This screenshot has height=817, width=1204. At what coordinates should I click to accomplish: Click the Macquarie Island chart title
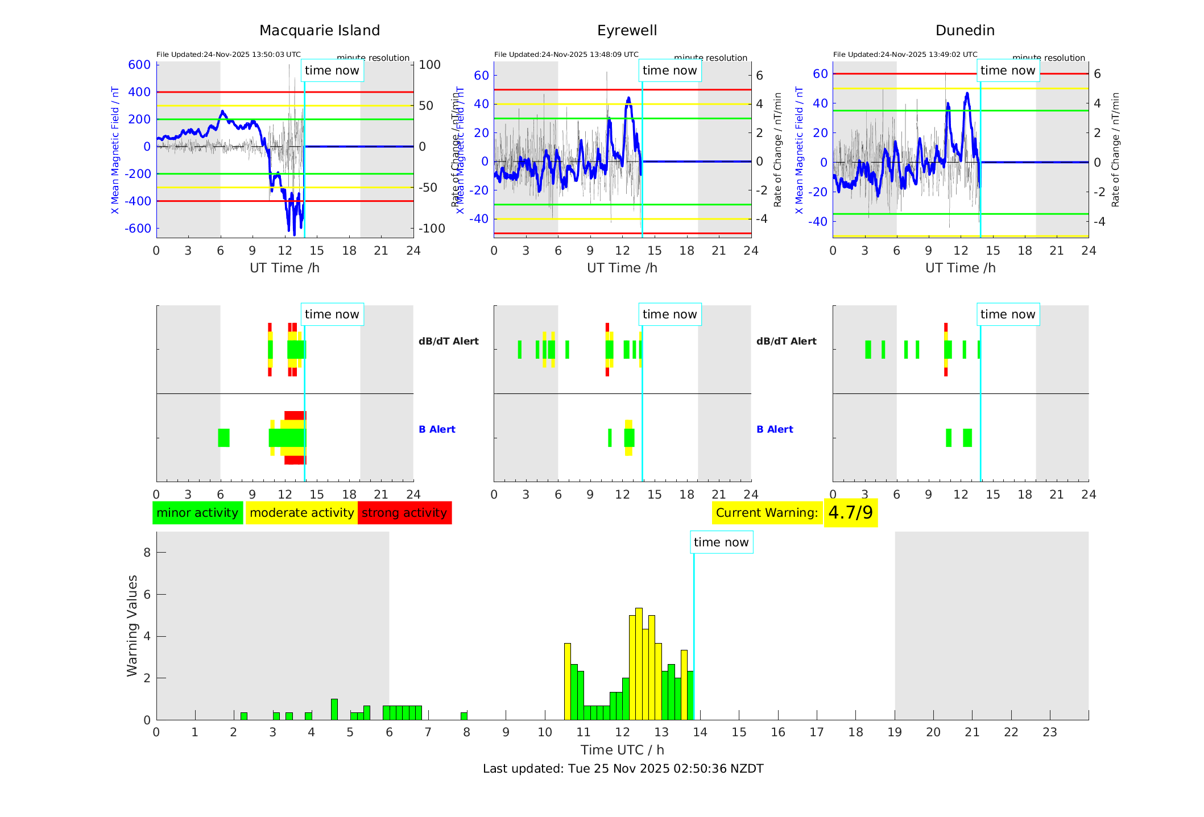click(x=319, y=31)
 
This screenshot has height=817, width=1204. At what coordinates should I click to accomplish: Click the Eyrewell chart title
click(x=627, y=31)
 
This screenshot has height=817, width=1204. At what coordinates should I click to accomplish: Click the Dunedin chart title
click(x=965, y=31)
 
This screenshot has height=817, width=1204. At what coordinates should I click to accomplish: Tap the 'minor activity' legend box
click(x=197, y=513)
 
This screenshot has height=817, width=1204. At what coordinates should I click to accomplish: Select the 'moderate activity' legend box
click(x=301, y=513)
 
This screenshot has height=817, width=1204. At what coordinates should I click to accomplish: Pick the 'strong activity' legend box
click(x=404, y=513)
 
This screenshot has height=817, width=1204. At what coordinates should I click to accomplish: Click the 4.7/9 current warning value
click(x=850, y=513)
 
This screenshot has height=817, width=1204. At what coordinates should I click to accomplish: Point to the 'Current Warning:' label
click(x=767, y=513)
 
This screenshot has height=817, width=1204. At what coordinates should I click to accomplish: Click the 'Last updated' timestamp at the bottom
click(x=623, y=769)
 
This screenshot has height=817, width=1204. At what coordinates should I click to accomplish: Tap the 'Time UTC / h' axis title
click(x=622, y=750)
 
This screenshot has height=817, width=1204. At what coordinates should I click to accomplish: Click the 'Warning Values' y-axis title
click(x=133, y=625)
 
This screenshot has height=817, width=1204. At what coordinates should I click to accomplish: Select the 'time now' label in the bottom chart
click(x=721, y=542)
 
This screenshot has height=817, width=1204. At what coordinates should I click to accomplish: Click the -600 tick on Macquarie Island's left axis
click(x=138, y=229)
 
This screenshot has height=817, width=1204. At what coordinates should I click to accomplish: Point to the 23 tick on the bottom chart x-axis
click(x=1049, y=732)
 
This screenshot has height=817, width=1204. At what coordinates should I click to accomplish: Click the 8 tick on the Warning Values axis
click(x=147, y=552)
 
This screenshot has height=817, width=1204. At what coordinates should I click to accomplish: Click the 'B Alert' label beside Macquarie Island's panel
click(x=437, y=429)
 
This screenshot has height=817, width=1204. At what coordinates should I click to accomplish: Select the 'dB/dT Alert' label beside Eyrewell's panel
click(x=786, y=341)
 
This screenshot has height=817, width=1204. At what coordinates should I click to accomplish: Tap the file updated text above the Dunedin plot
click(x=905, y=55)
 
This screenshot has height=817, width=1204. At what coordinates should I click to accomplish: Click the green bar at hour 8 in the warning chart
click(x=464, y=716)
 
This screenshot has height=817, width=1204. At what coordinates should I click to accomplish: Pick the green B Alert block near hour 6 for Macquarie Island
click(x=224, y=438)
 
